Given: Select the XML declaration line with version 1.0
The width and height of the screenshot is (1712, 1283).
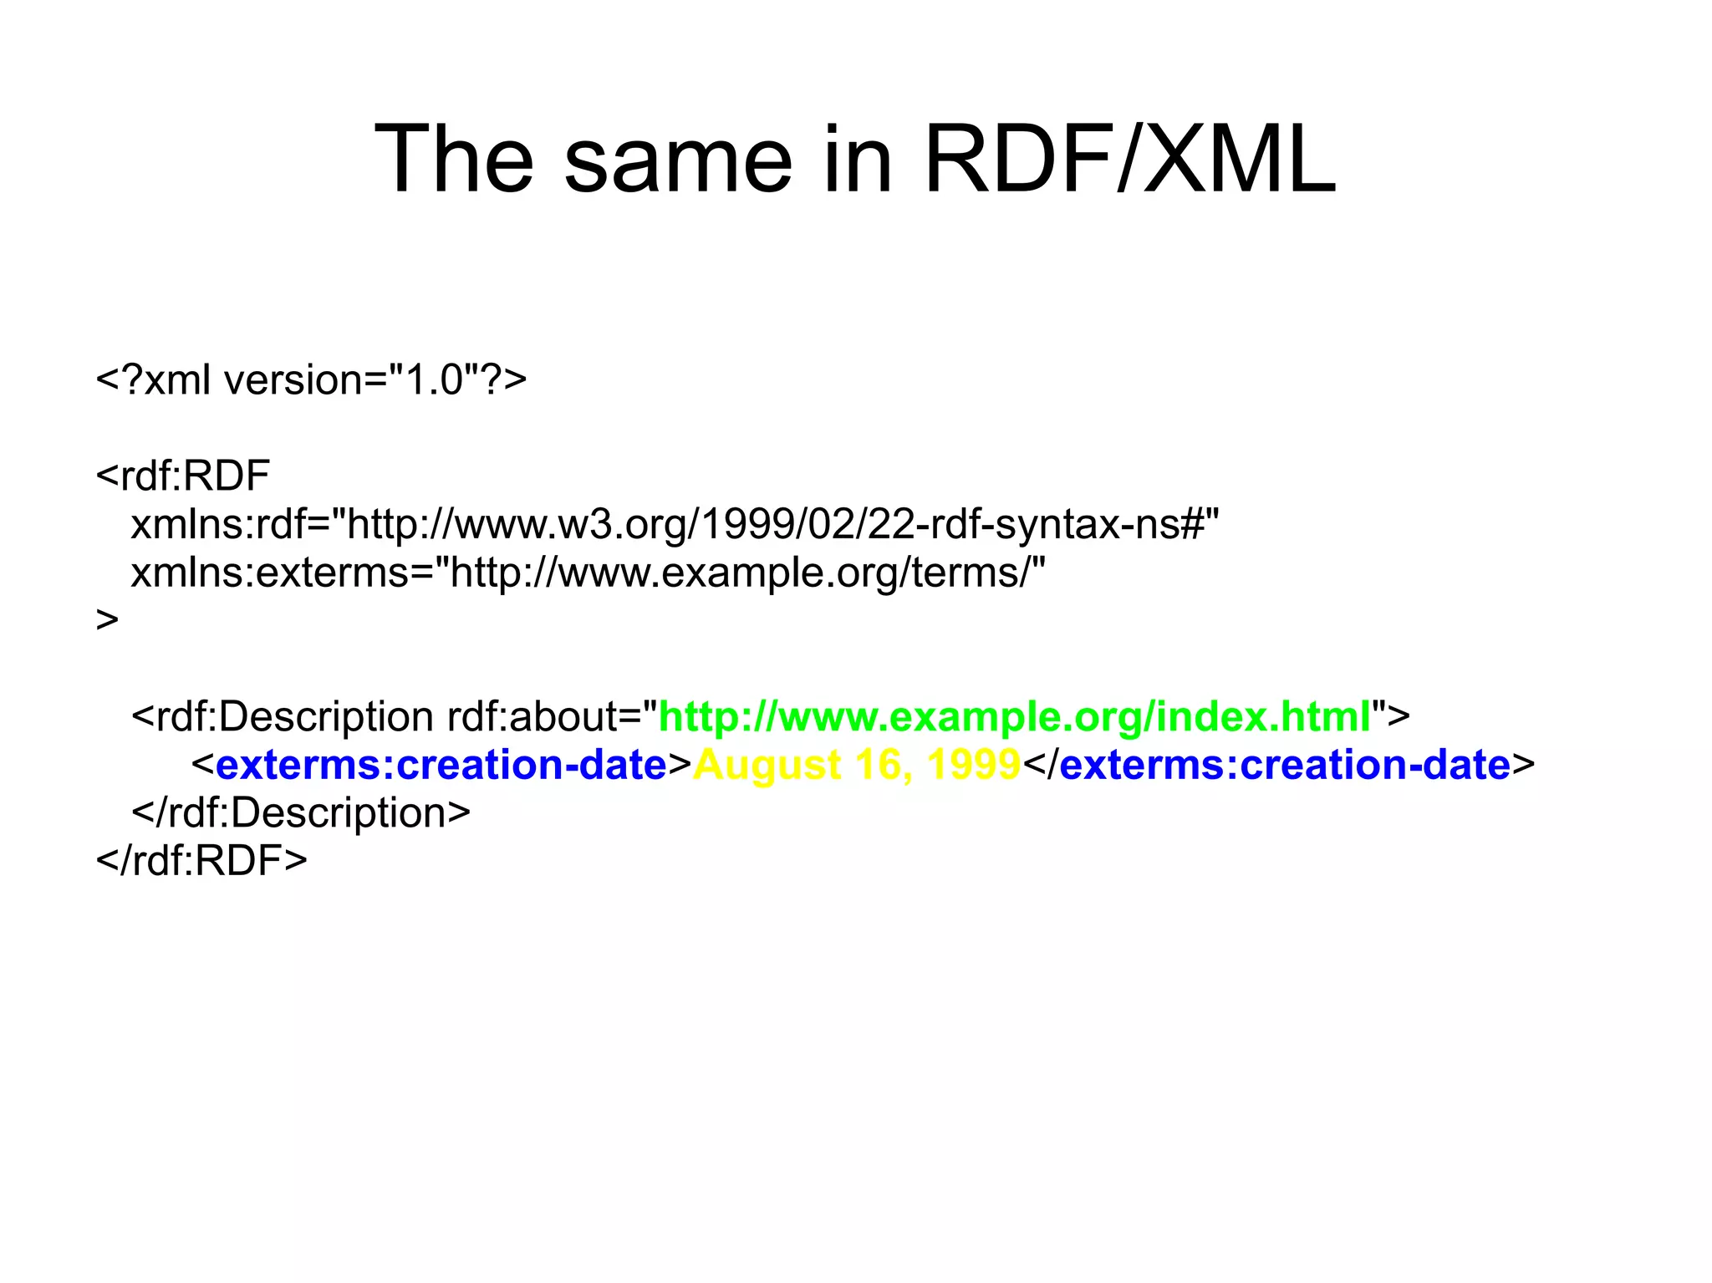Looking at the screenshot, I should [311, 380].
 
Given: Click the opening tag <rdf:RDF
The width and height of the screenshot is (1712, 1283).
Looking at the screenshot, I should [183, 476].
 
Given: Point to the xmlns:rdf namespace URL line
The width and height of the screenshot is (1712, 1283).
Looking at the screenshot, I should [675, 525].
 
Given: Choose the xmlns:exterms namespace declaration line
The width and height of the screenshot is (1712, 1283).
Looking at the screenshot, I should [588, 573].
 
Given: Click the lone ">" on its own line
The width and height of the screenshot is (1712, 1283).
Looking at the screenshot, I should [108, 620].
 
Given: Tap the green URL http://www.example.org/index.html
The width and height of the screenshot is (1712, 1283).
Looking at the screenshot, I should [1015, 716].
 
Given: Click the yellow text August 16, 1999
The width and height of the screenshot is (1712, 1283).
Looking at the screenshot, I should [857, 765].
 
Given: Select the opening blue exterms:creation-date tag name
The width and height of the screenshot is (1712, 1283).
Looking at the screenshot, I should [441, 765].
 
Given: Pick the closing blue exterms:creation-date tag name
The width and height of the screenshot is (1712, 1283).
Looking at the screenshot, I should [1285, 765].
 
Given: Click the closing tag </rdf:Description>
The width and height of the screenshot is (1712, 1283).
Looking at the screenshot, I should [301, 812].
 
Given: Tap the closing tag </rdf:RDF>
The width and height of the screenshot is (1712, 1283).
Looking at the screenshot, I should [201, 860].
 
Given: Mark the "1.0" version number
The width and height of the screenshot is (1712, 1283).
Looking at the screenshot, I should [434, 380].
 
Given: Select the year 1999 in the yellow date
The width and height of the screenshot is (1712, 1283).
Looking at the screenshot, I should [974, 765].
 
